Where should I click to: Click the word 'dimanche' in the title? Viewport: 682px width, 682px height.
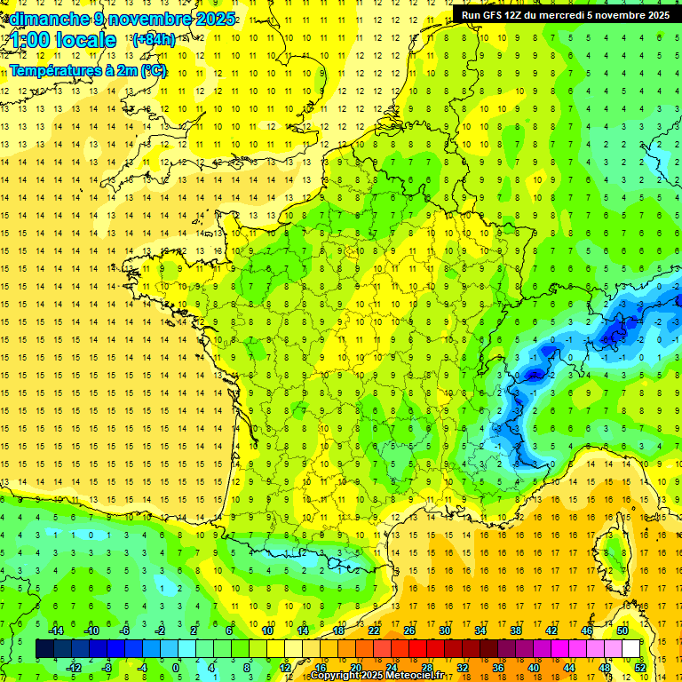[48, 19]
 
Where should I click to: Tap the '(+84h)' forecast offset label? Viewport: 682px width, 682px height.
[153, 39]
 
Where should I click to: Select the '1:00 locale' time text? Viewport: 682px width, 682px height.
[63, 41]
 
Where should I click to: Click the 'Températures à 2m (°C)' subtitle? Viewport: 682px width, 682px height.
[88, 71]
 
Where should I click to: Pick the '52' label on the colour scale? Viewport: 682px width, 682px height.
[639, 667]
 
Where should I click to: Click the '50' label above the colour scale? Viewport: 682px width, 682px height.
[623, 630]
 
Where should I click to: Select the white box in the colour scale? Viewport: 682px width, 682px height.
[630, 649]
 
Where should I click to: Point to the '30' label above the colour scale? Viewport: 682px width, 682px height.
[444, 630]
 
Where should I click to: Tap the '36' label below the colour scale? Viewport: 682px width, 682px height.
[497, 667]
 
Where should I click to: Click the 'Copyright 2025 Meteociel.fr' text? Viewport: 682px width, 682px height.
[378, 676]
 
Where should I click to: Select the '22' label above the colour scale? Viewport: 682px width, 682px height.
[374, 630]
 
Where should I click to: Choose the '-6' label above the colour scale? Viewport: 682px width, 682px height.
[124, 630]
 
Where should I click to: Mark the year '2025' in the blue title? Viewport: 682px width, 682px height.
[214, 19]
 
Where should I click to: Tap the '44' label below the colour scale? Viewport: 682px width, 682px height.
[568, 667]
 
